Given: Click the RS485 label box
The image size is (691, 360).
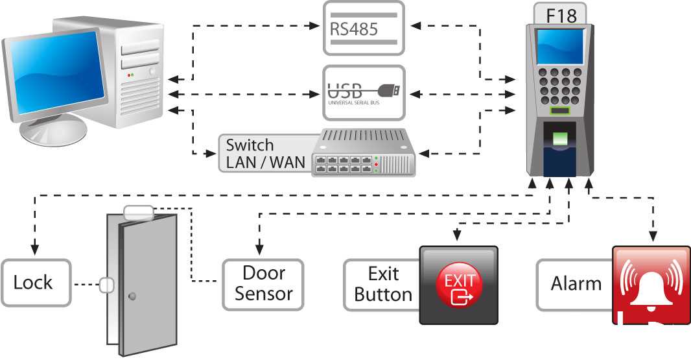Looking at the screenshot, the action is coord(364,29).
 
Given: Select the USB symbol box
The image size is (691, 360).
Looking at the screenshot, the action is coord(364,93).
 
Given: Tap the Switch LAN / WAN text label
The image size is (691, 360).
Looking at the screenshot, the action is coord(265,154).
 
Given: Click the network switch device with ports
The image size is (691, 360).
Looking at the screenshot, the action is coord(363,152).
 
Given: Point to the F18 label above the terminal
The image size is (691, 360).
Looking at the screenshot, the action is coord(561,16).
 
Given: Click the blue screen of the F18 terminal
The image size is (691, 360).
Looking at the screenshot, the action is coord(559,46).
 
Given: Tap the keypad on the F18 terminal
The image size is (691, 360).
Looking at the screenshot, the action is coord(559,86).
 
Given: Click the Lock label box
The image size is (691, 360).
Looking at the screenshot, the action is coord(36,283).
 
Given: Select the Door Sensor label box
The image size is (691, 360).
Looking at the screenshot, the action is coord(263,284).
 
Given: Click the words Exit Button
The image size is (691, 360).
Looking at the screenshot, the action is coord(383,284).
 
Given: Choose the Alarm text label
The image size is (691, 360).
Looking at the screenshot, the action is coord(576,283).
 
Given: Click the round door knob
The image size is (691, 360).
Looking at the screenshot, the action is coord(132,296).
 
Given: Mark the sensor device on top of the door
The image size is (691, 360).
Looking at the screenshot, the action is coord(139,213).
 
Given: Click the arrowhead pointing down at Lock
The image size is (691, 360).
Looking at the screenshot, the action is coord(34,249).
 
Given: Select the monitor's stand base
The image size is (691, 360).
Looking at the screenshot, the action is coord(53,131).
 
